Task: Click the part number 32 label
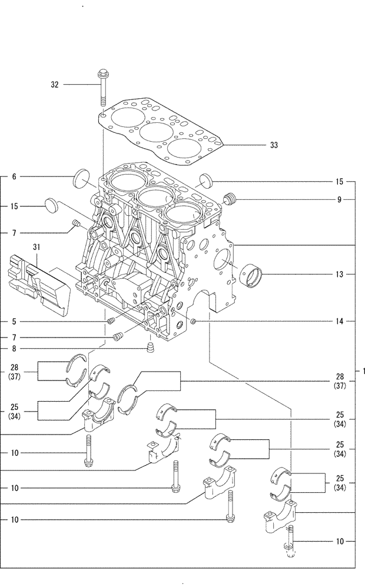[55, 85]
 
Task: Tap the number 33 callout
[274, 145]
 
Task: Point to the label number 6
[14, 176]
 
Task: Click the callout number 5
[14, 322]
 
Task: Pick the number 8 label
[14, 348]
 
